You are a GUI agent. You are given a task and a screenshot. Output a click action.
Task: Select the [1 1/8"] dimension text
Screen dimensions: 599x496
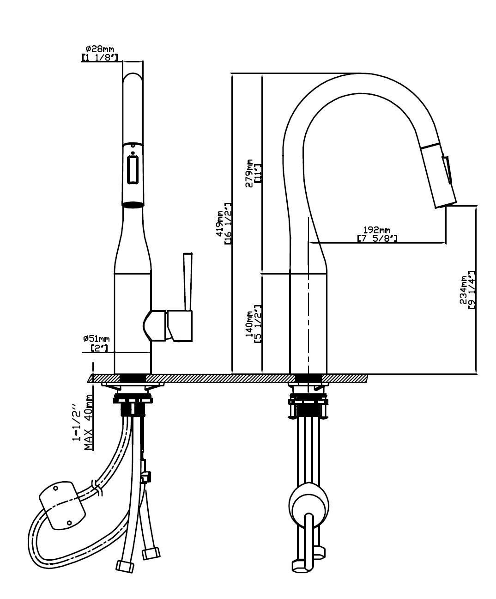100,57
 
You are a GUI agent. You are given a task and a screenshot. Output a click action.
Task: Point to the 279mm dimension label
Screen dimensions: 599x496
249,173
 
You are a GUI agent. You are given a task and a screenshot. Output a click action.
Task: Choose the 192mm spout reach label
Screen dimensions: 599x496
377,230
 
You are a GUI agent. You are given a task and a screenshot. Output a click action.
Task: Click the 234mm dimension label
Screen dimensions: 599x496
464,290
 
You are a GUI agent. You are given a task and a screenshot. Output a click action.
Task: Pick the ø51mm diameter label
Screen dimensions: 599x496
97,339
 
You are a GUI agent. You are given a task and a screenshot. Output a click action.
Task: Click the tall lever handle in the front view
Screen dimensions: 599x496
187,282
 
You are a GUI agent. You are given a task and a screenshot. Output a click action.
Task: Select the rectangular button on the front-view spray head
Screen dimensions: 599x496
133,170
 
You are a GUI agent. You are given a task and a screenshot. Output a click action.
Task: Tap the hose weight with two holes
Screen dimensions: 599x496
62,506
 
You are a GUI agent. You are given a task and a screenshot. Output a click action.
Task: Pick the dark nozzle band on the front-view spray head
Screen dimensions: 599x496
133,204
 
